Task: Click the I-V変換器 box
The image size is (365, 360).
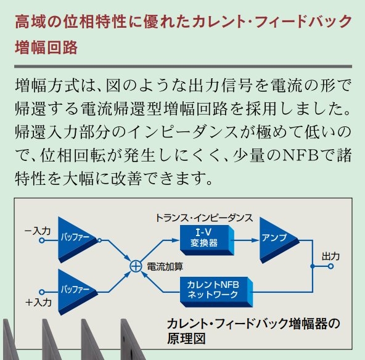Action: [207, 240]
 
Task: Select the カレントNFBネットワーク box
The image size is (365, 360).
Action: [216, 292]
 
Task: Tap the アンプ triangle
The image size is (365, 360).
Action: [279, 240]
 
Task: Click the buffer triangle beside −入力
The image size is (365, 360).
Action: [78, 240]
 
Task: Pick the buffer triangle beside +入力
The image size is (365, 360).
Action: [78, 292]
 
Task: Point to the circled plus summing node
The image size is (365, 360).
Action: [136, 266]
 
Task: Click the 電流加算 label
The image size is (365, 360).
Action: [165, 267]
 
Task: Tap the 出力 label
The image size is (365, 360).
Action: [330, 256]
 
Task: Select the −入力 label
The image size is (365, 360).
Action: [38, 231]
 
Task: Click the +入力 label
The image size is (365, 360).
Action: [38, 302]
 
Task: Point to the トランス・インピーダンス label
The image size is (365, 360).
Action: [204, 218]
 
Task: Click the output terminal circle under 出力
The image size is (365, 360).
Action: [330, 266]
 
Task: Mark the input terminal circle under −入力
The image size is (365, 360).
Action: [42, 240]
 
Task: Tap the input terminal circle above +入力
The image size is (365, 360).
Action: [42, 292]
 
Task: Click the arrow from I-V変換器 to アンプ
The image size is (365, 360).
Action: [247, 240]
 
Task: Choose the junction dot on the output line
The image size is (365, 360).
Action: [313, 266]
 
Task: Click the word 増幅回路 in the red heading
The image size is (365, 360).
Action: [46, 47]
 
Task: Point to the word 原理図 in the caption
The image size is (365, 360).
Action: [186, 338]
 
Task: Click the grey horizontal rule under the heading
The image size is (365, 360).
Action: [183, 67]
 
